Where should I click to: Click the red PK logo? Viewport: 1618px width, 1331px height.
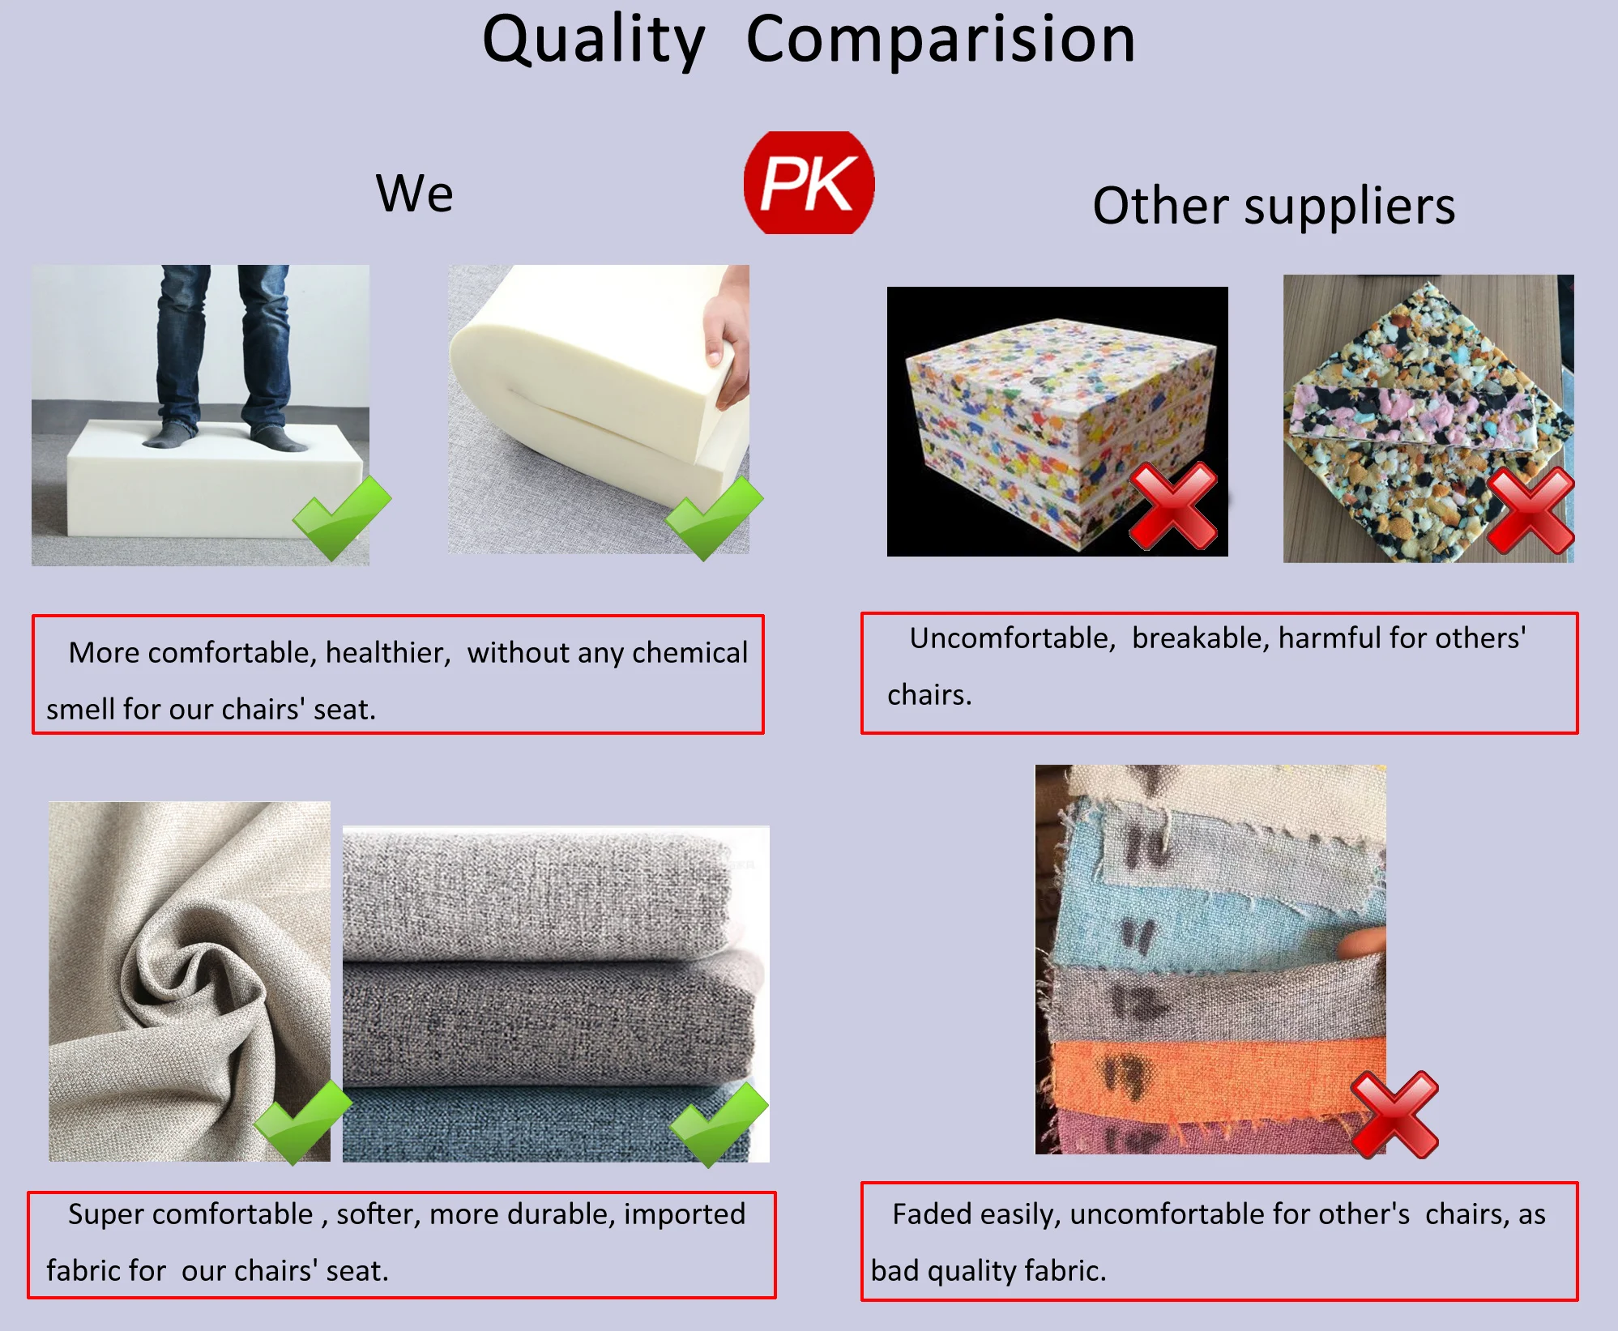pyautogui.click(x=809, y=182)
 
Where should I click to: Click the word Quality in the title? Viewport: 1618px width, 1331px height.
pyautogui.click(x=594, y=41)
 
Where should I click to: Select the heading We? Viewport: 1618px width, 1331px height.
pyautogui.click(x=414, y=194)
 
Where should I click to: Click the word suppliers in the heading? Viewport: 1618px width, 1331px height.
pyautogui.click(x=1350, y=207)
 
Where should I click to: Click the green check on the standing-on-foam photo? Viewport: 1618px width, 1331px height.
pyautogui.click(x=341, y=518)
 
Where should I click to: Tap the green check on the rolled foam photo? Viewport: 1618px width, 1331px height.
pyautogui.click(x=714, y=518)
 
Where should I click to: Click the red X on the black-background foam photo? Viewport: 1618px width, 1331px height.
pyautogui.click(x=1173, y=506)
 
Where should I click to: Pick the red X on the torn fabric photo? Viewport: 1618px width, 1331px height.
pyautogui.click(x=1395, y=1115)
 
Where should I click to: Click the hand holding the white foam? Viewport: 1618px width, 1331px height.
pyautogui.click(x=728, y=340)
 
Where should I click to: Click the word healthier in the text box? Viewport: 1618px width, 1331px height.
pyautogui.click(x=388, y=653)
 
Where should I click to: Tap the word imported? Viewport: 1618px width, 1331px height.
pyautogui.click(x=685, y=1214)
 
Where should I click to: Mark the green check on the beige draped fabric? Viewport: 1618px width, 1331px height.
pyautogui.click(x=302, y=1122)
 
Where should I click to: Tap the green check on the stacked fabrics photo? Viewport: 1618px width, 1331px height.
pyautogui.click(x=719, y=1124)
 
